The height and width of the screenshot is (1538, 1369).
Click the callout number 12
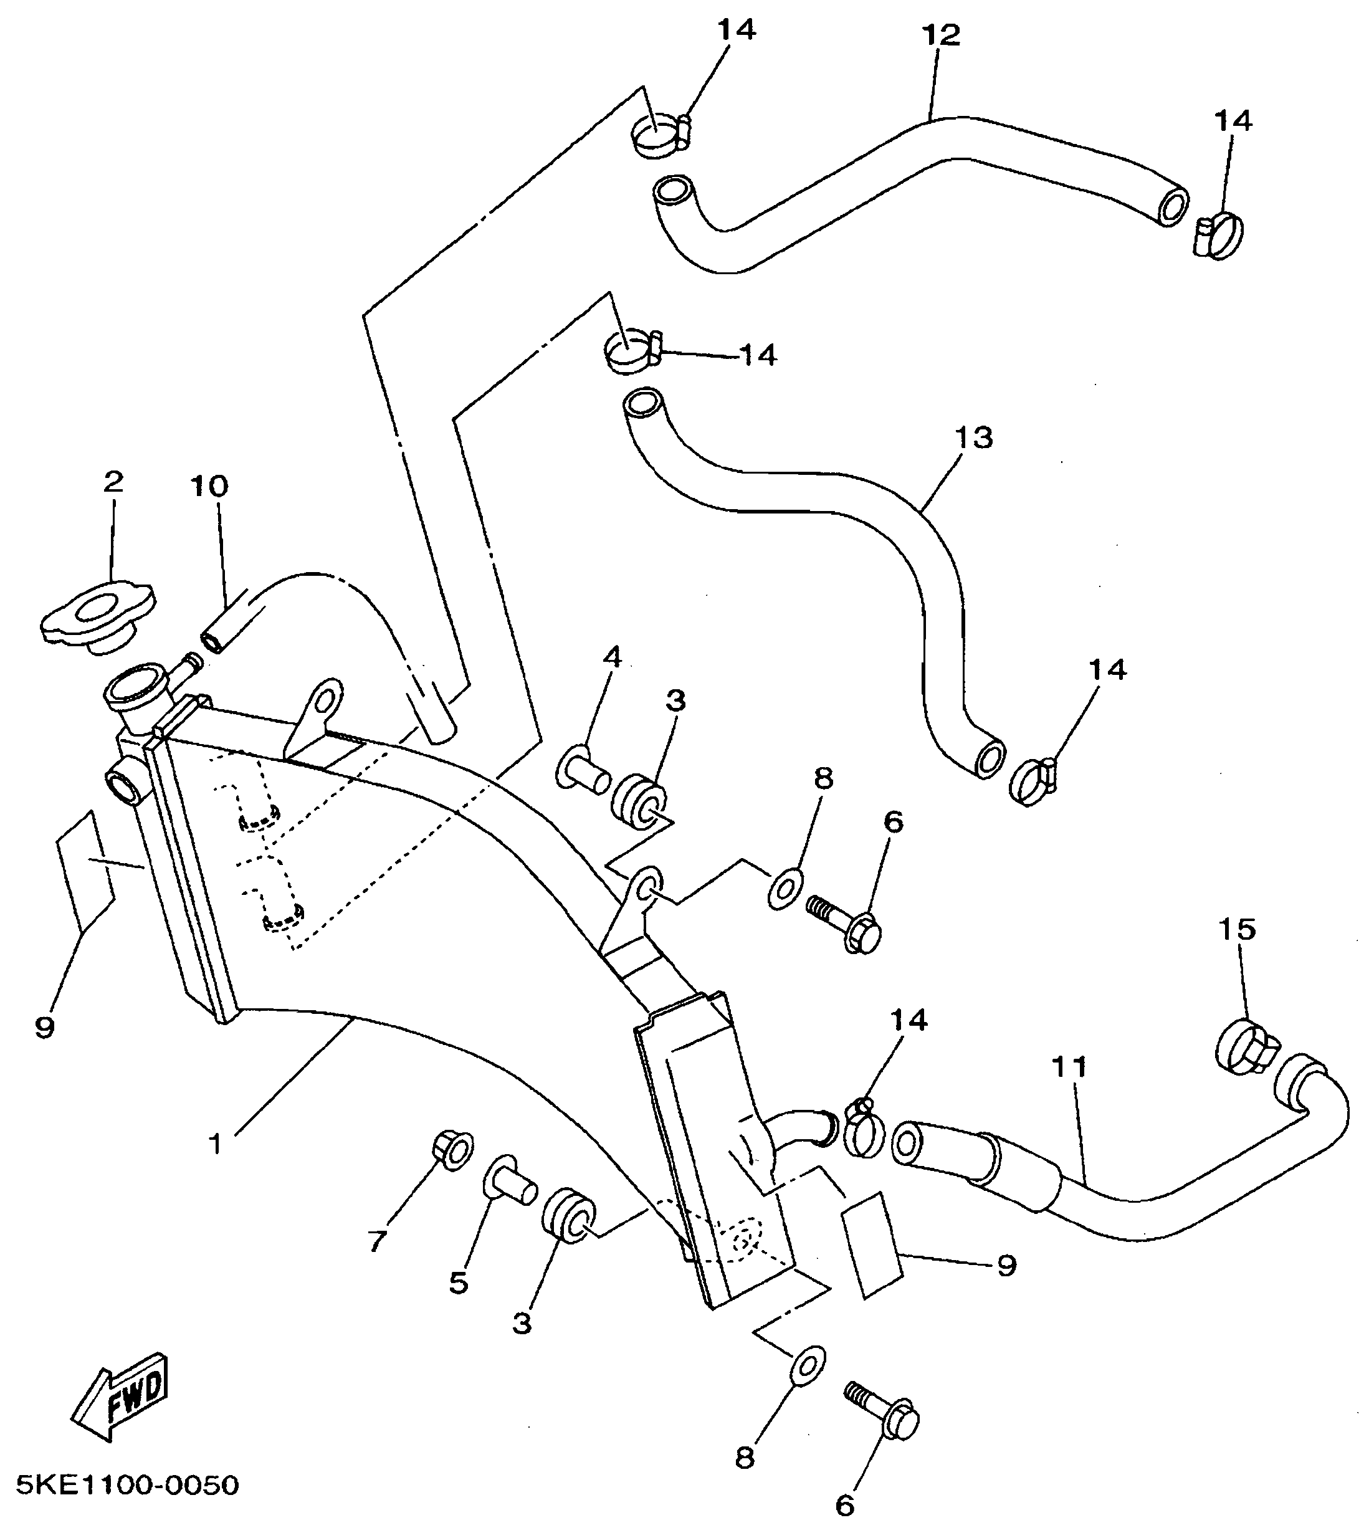(940, 36)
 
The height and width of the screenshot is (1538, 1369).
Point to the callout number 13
(974, 437)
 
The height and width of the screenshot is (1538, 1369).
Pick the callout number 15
(1238, 929)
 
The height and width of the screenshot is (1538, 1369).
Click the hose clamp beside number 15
(1245, 1046)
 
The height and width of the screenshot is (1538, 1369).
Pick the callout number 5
(459, 1283)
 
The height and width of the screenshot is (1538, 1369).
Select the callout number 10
(209, 487)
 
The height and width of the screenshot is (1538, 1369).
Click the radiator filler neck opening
(134, 686)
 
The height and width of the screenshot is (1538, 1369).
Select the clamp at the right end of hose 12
(1220, 234)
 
